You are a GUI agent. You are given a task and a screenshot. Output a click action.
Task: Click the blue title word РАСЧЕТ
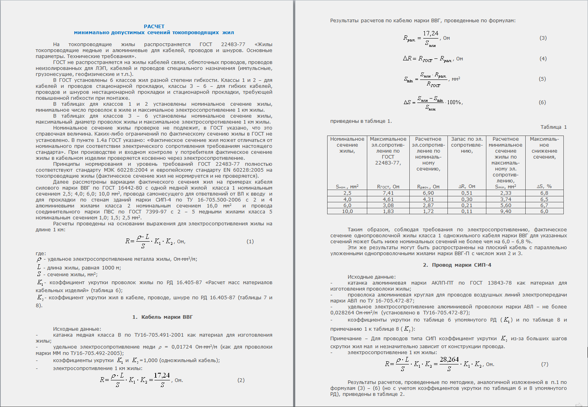coord(154,27)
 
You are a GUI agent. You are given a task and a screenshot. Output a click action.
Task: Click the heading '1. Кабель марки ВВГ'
coord(162,317)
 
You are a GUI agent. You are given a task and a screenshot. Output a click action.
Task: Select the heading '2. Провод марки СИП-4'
coord(457,265)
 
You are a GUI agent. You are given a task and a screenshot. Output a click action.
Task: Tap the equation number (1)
coord(250,241)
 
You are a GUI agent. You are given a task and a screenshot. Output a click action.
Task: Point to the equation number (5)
coord(542,79)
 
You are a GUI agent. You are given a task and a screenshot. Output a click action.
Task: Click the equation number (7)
coord(544,364)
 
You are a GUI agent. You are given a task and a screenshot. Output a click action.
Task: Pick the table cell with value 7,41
coord(388,193)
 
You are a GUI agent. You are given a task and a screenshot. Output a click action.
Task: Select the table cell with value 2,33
coord(505,193)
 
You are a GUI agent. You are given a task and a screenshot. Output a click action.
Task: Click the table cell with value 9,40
coord(505,211)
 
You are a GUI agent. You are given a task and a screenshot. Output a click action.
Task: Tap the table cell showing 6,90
coord(428,193)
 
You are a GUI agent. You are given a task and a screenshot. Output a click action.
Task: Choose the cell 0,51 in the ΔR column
coord(467,193)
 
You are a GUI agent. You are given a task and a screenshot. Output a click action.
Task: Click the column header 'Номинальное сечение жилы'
coord(347,145)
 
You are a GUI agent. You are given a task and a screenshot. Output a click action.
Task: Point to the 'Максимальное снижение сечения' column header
coord(544,148)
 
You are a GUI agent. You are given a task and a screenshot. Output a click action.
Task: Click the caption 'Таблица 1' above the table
coord(553,127)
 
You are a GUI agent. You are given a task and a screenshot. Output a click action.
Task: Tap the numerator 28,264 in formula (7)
coord(449,360)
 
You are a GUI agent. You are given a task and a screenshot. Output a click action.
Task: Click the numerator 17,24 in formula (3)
coord(430,34)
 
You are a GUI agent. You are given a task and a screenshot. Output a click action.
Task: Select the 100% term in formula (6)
coord(454,103)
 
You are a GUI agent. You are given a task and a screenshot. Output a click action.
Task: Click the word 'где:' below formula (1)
coord(40,254)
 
